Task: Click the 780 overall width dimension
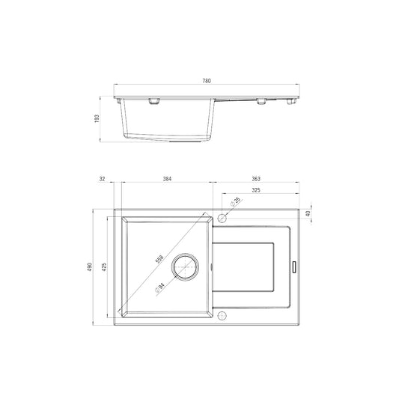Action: (x=207, y=81)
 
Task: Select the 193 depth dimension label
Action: (x=97, y=118)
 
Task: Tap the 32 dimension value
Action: (x=102, y=179)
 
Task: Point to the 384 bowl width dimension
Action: (x=167, y=179)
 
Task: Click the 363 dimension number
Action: (x=256, y=179)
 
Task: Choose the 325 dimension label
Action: (x=256, y=190)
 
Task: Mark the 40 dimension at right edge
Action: (x=308, y=213)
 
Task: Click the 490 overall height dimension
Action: (x=90, y=266)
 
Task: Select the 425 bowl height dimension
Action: (x=104, y=266)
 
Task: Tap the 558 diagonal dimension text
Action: (x=159, y=259)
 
